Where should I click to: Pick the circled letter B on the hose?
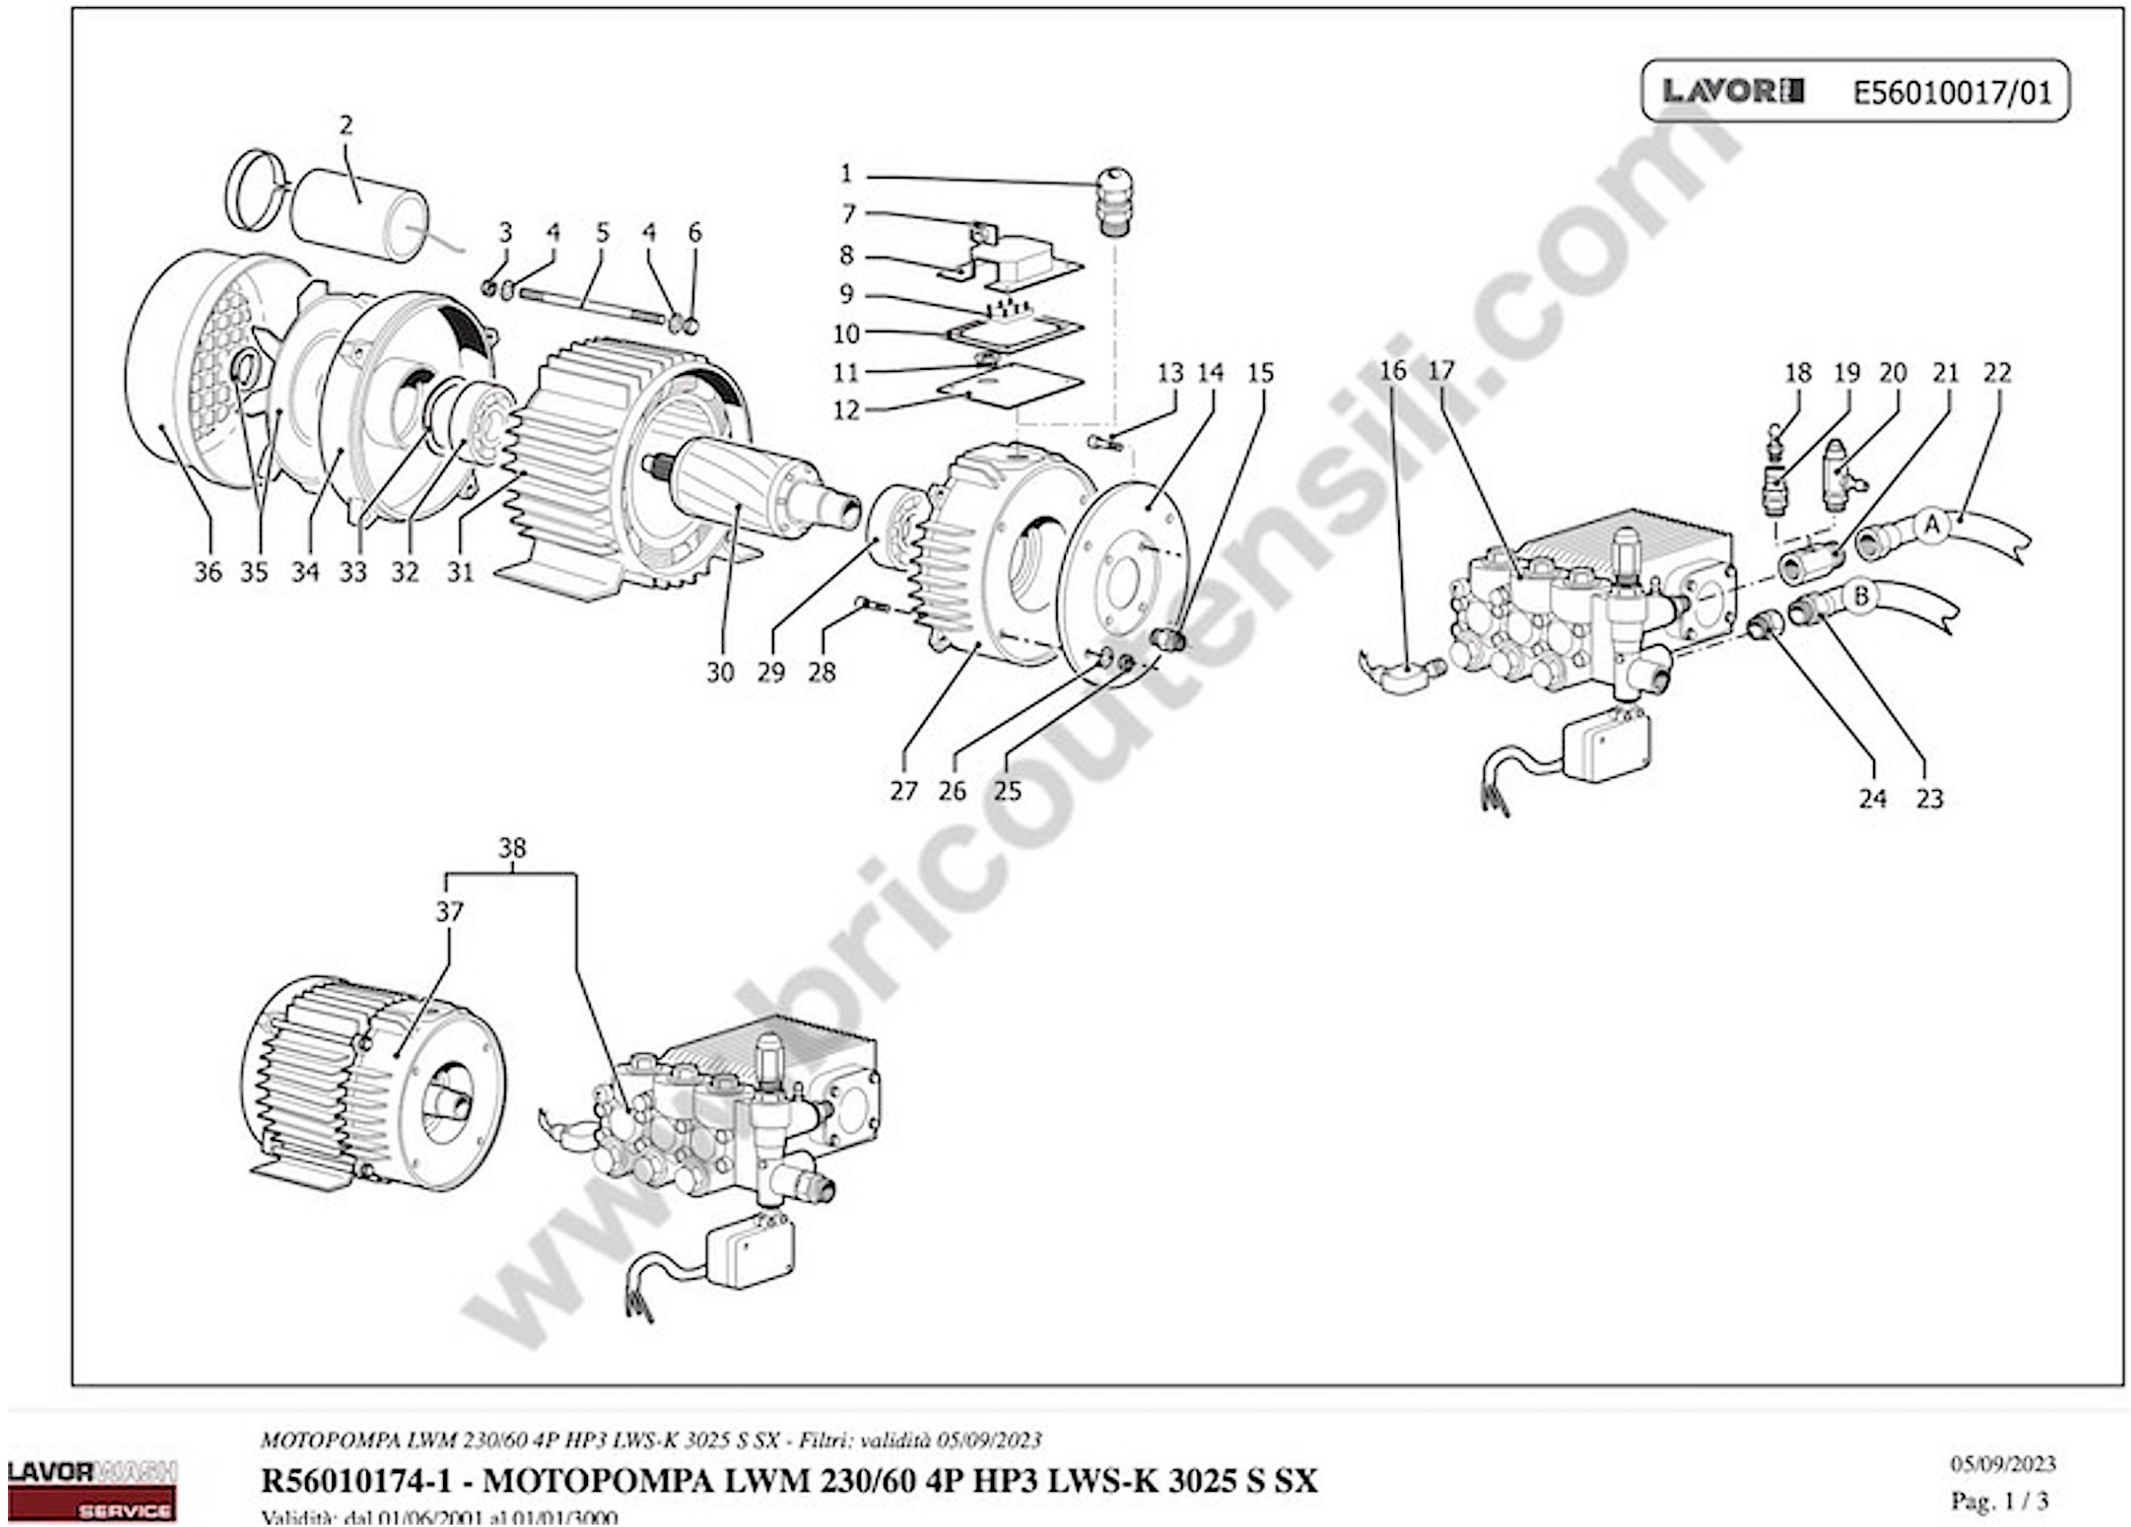coord(1860,595)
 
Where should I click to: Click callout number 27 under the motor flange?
coord(903,791)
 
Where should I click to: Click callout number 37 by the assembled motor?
coord(449,912)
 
